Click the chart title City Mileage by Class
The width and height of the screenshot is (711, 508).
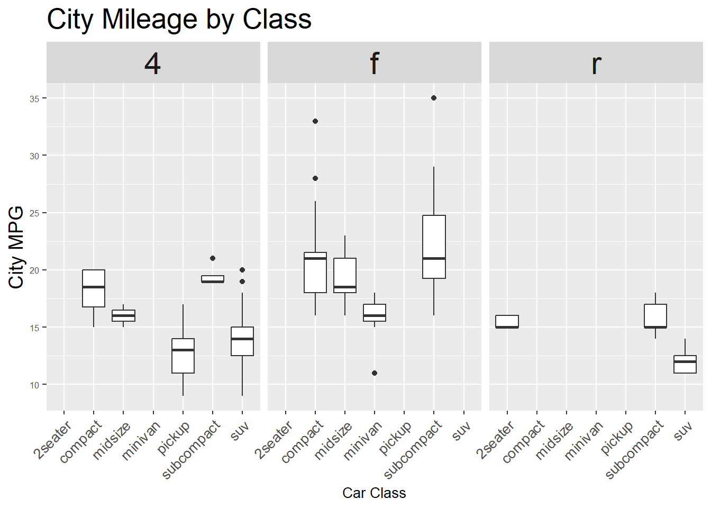[179, 20]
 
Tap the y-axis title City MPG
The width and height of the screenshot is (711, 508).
[16, 247]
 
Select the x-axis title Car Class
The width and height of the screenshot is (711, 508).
[374, 493]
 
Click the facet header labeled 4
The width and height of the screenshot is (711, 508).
[153, 63]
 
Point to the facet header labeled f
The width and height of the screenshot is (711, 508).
[374, 63]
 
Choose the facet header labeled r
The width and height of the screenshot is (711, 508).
[596, 63]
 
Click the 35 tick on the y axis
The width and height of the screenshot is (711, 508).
[34, 99]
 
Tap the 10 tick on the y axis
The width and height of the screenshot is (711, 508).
[34, 385]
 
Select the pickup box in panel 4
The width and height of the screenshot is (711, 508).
[183, 356]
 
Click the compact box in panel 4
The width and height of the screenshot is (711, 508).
[94, 288]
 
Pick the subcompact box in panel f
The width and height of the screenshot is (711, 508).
[434, 247]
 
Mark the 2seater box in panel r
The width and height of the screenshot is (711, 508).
[507, 322]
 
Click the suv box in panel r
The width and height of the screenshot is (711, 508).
[685, 365]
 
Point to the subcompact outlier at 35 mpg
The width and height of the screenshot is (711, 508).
[434, 98]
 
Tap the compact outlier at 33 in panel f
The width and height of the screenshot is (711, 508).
[315, 121]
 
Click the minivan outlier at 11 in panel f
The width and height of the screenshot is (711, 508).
[375, 373]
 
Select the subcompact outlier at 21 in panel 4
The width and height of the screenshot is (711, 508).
[213, 258]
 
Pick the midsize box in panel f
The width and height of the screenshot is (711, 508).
[345, 275]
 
